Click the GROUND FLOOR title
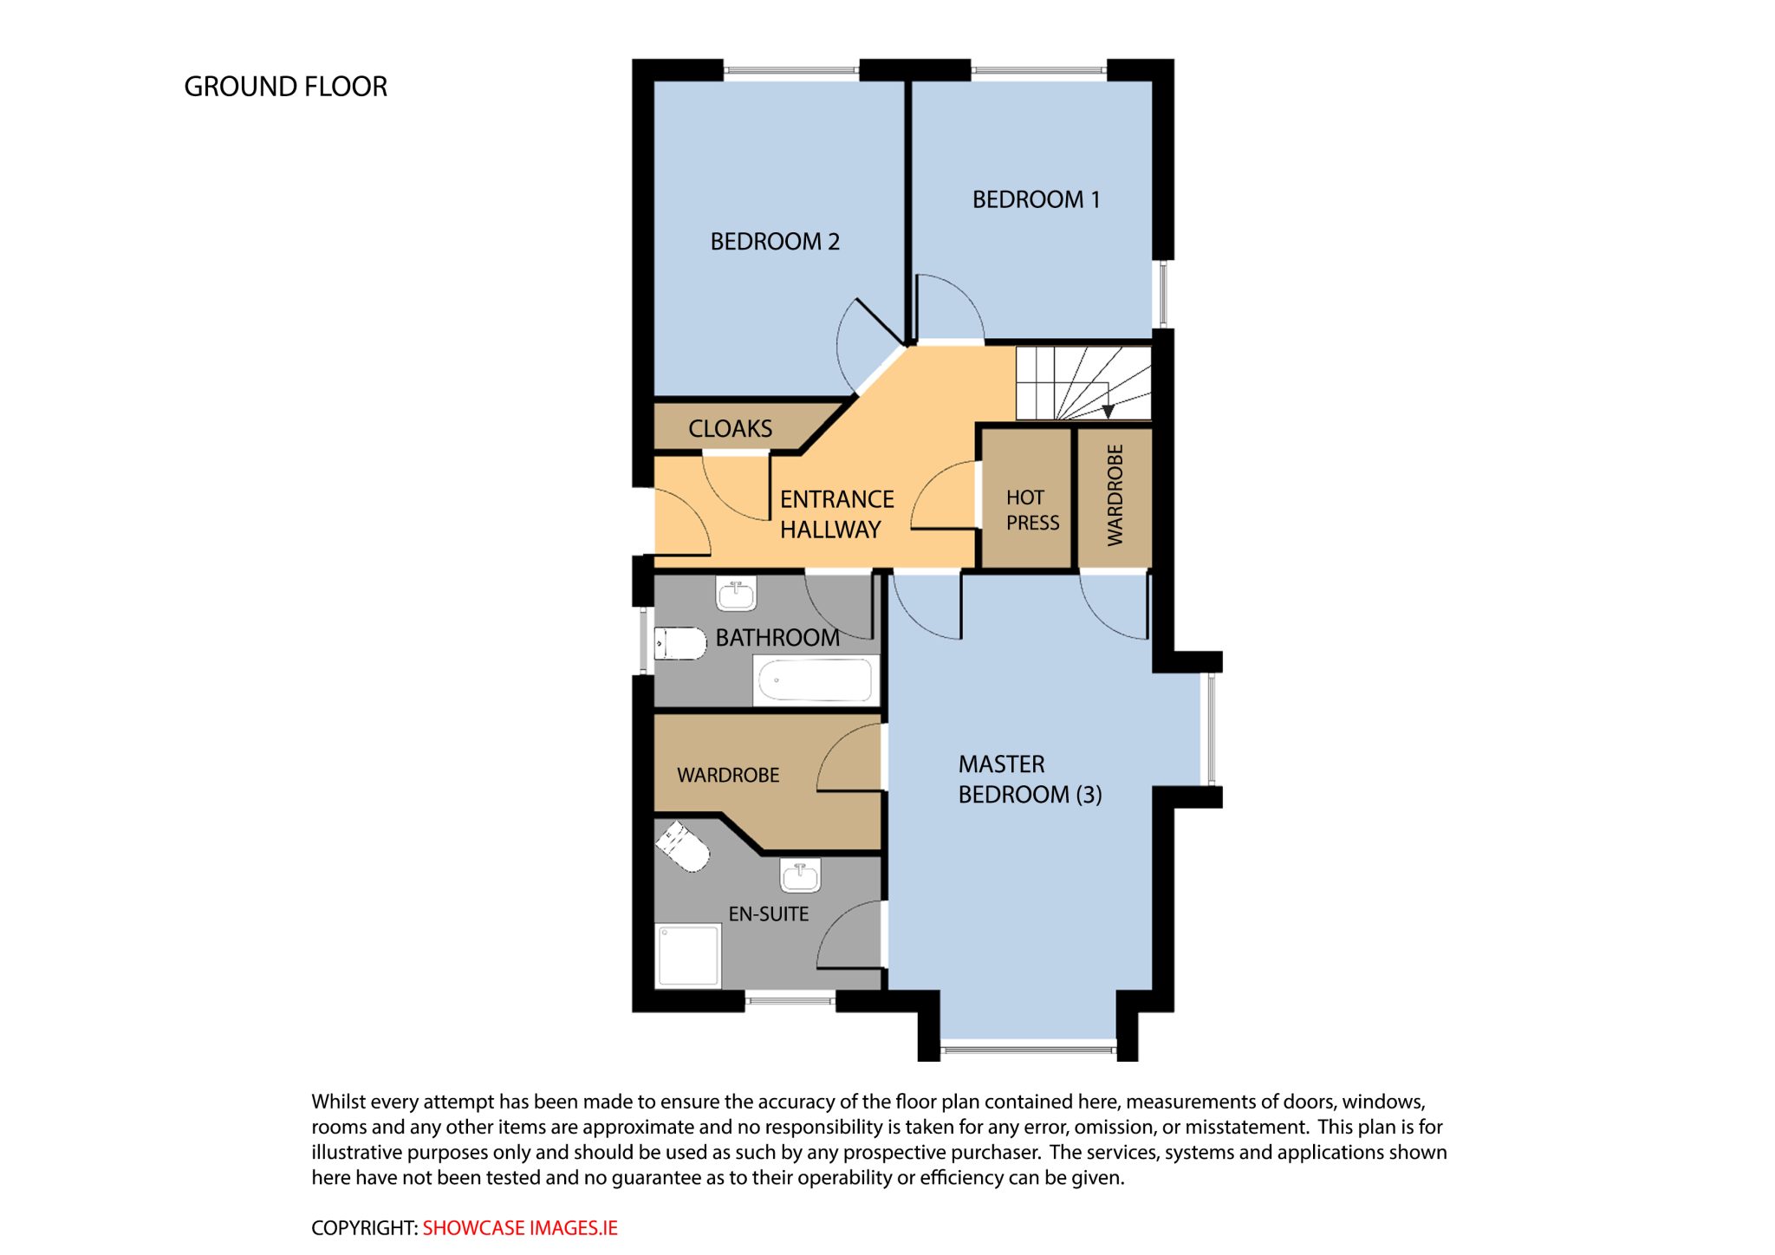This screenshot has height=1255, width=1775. pos(285,87)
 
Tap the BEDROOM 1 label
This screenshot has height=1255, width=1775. pos(1036,199)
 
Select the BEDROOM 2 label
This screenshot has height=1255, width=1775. pos(775,241)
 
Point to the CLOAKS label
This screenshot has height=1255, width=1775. pos(730,428)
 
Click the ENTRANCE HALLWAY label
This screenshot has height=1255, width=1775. pos(836,514)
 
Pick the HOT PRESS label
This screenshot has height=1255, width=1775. pos(1032,510)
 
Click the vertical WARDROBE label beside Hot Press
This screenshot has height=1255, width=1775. pos(1115,495)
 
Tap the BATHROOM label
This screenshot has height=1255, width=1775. pos(777,638)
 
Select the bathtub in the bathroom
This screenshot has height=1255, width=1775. pos(814,680)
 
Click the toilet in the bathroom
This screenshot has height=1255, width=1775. pos(679,643)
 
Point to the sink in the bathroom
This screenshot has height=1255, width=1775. pos(736,595)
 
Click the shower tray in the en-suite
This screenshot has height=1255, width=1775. pos(689,956)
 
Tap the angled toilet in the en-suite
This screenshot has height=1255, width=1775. pos(683,846)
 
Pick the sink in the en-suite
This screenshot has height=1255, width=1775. pos(800,876)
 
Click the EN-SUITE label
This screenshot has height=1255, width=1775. pos(768,914)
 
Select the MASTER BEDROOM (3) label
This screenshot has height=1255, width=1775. pos(1030,779)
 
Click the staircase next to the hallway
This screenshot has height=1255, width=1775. pos(1083,383)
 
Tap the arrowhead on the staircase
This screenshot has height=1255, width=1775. pos(1108,412)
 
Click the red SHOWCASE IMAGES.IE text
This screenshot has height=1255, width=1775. pos(520,1228)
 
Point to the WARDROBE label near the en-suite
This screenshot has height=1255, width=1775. pos(728,775)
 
